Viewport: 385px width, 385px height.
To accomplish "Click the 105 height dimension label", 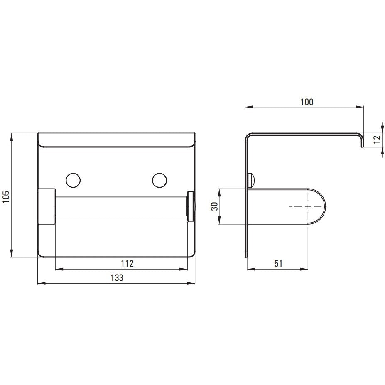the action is pos(6,197).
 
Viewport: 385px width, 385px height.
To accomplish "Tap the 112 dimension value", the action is pos(127,263).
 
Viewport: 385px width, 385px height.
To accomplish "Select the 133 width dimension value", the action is pos(117,278).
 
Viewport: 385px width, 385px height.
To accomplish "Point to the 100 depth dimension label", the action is pos(307,102).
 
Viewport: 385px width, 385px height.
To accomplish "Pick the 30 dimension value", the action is pos(214,206).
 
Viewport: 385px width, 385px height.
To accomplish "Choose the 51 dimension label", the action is pos(278,264).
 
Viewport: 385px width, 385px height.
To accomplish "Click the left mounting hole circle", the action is pos(73,181).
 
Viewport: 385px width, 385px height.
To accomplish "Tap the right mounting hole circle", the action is pos(159,181).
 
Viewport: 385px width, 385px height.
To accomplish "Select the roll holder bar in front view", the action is pos(122,206).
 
